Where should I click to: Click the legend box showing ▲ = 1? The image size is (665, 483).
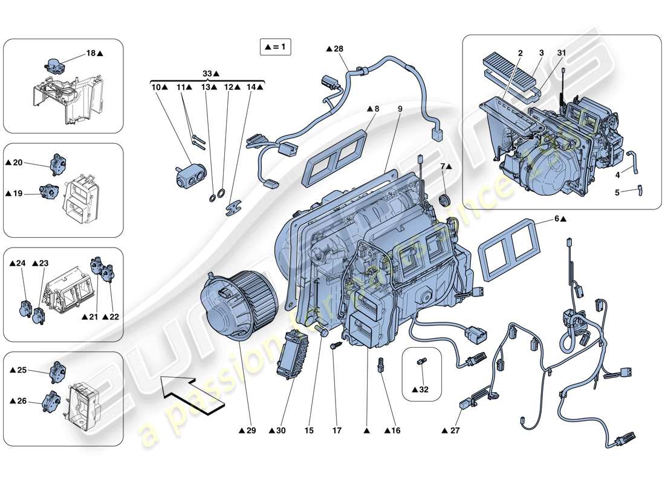(275, 46)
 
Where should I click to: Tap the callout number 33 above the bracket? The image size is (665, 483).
(207, 73)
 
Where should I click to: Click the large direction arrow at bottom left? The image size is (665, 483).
(193, 394)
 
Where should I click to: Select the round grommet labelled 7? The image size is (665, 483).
(446, 200)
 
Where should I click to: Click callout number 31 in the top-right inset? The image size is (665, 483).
(562, 54)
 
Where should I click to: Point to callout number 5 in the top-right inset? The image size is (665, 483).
(617, 193)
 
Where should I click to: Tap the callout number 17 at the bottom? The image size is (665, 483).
(337, 430)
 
